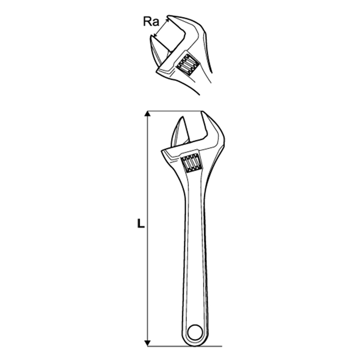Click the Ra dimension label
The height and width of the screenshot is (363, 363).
pos(151,21)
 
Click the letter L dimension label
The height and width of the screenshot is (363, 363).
pos(141,224)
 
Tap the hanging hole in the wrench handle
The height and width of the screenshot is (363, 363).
pos(195,333)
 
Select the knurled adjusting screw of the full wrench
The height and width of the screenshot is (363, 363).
pos(191,163)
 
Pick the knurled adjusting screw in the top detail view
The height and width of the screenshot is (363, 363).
pos(187,64)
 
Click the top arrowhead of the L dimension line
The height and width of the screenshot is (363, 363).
pos(147,114)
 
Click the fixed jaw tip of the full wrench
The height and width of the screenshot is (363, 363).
pos(203,112)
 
